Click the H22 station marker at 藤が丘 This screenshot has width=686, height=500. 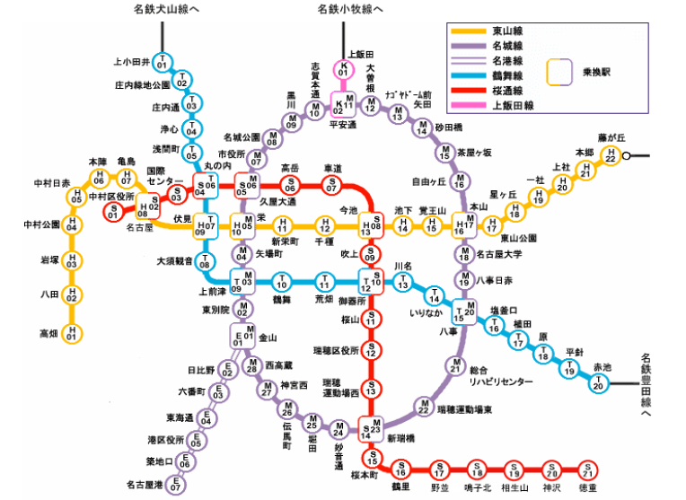tap(611, 154)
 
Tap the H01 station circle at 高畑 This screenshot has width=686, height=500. tap(74, 334)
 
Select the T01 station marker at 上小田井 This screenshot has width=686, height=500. tap(162, 63)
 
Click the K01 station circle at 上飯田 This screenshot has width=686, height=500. tap(342, 68)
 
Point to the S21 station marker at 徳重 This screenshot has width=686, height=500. tap(587, 469)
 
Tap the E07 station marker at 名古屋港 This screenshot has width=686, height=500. tap(176, 485)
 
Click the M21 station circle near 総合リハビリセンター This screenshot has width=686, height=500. tap(454, 364)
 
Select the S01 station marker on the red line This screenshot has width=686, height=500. tap(113, 213)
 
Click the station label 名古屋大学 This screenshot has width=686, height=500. tap(500, 255)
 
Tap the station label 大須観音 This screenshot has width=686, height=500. tap(175, 261)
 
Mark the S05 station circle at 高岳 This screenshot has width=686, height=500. tap(289, 186)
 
